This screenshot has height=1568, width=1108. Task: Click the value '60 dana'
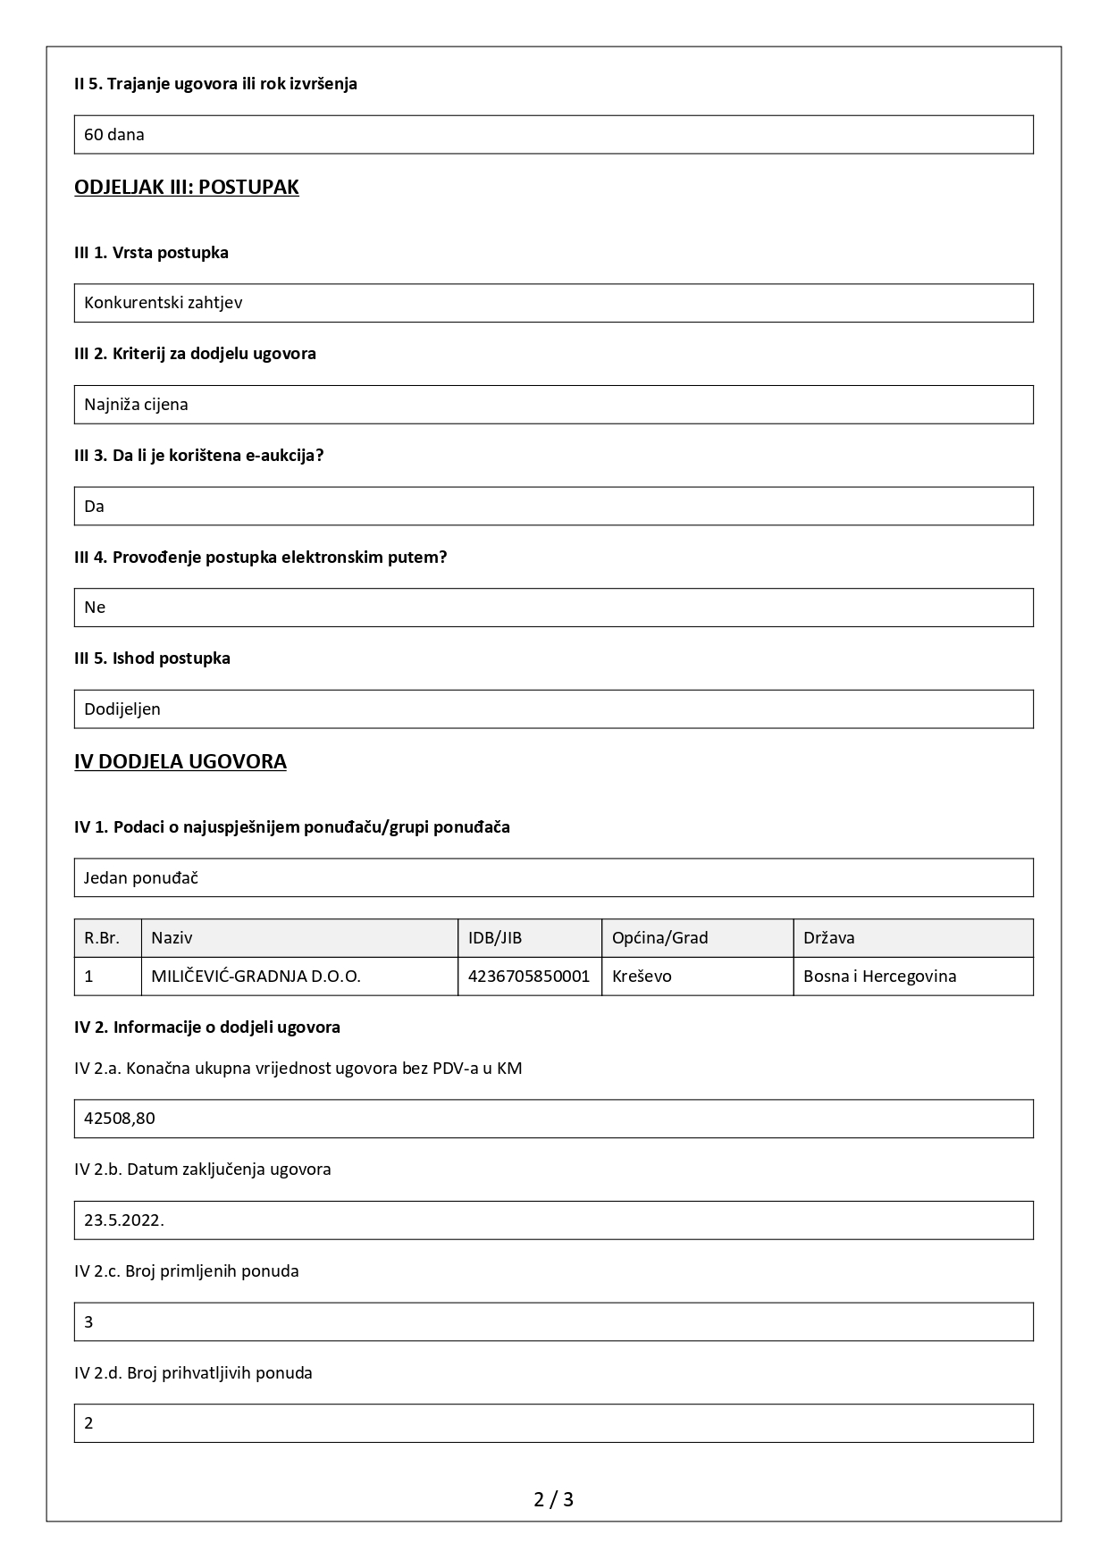pyautogui.click(x=114, y=135)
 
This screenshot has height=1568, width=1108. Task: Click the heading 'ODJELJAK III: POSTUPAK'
pyautogui.click(x=187, y=187)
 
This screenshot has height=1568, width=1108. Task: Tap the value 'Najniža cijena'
pyautogui.click(x=136, y=405)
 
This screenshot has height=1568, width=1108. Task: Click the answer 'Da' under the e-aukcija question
pyautogui.click(x=95, y=507)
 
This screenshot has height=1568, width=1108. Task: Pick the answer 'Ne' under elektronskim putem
pyautogui.click(x=95, y=608)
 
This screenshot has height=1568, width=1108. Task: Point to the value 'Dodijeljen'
pyautogui.click(x=122, y=709)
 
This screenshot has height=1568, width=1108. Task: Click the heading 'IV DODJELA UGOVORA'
pyautogui.click(x=180, y=762)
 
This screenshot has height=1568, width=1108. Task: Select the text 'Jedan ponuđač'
pyautogui.click(x=141, y=878)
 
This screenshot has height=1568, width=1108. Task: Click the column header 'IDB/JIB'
pyautogui.click(x=495, y=938)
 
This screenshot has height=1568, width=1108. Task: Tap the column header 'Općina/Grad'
pyautogui.click(x=659, y=938)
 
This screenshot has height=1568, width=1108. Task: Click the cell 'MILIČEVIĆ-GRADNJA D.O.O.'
pyautogui.click(x=256, y=977)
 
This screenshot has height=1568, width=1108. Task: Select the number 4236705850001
pyautogui.click(x=529, y=977)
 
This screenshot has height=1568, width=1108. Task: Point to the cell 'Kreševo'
pyautogui.click(x=642, y=977)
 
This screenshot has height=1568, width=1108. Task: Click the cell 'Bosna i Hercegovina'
pyautogui.click(x=879, y=977)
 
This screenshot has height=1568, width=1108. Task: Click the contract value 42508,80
pyautogui.click(x=120, y=1119)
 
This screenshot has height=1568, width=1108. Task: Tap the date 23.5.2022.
pyautogui.click(x=124, y=1220)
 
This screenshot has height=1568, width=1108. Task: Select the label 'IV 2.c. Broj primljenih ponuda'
pyautogui.click(x=187, y=1271)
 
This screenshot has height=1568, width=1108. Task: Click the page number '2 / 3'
pyautogui.click(x=553, y=1499)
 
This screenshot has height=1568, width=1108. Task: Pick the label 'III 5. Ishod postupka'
pyautogui.click(x=152, y=658)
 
